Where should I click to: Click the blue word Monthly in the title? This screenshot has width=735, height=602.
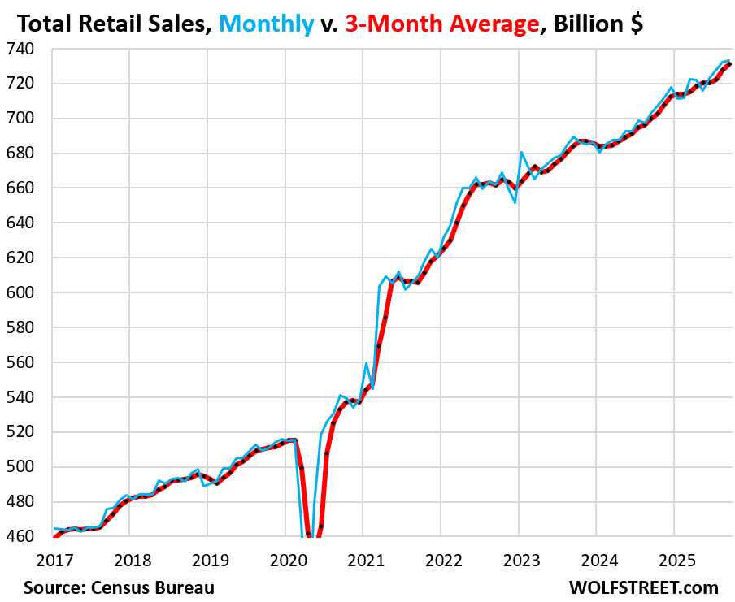click(x=265, y=24)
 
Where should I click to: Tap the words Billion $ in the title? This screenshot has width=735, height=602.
click(x=598, y=24)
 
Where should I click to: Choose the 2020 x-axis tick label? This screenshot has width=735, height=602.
click(x=287, y=561)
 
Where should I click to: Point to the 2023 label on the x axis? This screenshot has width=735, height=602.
click(x=520, y=561)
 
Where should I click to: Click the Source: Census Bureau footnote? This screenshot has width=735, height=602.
click(x=119, y=587)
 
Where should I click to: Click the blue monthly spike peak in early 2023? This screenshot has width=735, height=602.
click(x=521, y=152)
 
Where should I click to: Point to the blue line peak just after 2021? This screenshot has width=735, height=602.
click(x=367, y=363)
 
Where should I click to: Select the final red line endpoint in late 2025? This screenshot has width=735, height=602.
click(x=729, y=64)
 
